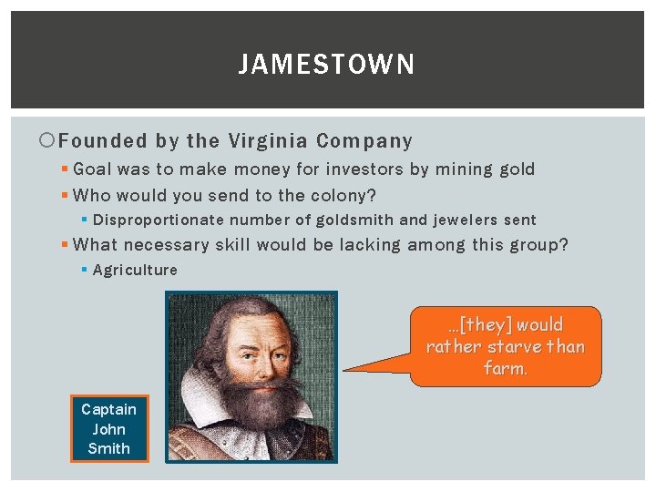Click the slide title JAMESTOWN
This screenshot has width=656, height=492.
coord(327,65)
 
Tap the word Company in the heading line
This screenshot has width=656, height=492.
coord(364,141)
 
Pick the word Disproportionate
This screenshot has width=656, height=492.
coord(159,220)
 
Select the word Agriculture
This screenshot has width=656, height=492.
coord(135,270)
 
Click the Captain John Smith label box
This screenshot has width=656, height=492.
coord(108,429)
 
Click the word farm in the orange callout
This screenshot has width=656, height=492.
coord(503,368)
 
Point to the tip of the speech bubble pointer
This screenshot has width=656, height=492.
coord(344,371)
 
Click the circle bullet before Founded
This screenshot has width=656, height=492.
coord(48,141)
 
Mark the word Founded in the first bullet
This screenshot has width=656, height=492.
coord(103,141)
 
